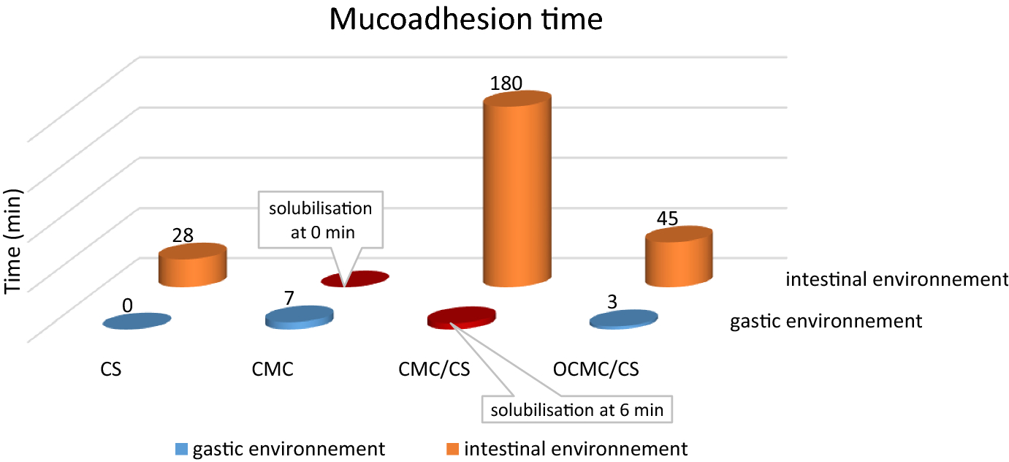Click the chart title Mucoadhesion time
(465, 20)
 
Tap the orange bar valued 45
(678, 256)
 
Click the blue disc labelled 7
(299, 317)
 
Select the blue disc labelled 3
(622, 319)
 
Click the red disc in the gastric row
(461, 317)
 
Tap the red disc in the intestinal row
(356, 279)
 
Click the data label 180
(506, 83)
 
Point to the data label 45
(668, 219)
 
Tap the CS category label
(111, 369)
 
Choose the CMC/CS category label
(434, 369)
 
